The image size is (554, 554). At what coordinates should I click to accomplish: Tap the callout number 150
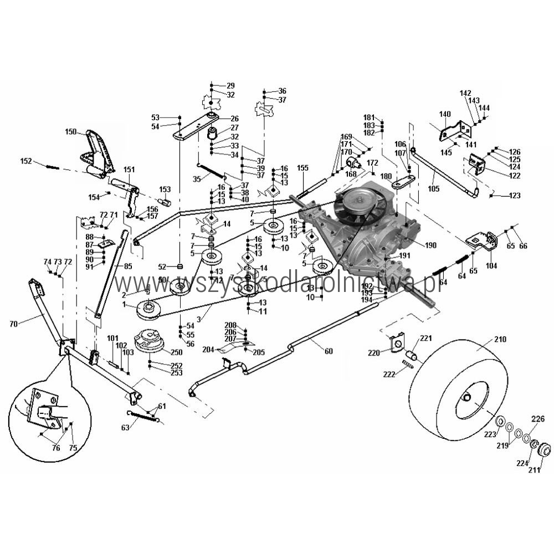[70, 132]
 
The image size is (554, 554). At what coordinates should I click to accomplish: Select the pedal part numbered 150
[98, 152]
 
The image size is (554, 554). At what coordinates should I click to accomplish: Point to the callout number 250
[177, 352]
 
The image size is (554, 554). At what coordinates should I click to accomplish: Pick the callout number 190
[431, 245]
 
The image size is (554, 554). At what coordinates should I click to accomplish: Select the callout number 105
[433, 188]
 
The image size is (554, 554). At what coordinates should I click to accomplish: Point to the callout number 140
[445, 114]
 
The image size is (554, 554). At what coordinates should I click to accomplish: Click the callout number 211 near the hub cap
[534, 471]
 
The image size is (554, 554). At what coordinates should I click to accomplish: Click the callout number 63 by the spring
[125, 427]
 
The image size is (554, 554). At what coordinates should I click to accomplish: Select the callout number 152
[25, 161]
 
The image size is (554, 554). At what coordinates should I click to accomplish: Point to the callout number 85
[128, 266]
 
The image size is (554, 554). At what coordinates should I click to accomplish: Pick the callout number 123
[515, 196]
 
